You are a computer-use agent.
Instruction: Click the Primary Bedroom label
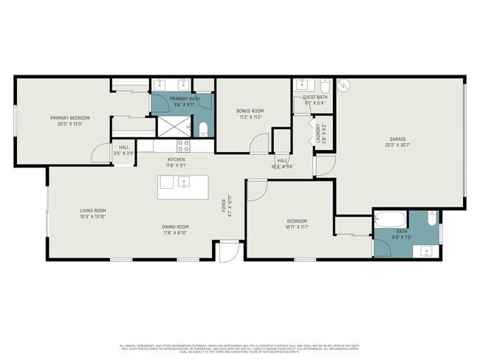[70, 117]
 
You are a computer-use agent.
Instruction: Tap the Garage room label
[398, 139]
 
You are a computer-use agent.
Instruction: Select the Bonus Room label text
[251, 111]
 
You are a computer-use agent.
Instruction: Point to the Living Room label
[93, 211]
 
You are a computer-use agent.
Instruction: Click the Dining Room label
[176, 226]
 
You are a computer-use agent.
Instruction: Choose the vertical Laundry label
[318, 134]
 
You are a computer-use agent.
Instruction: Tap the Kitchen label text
[176, 159]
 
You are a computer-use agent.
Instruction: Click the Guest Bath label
[315, 97]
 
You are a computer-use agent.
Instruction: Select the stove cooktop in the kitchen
[183, 146]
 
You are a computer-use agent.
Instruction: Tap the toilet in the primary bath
[204, 130]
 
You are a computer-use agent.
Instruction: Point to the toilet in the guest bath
[323, 86]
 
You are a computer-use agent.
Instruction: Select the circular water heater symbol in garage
[342, 86]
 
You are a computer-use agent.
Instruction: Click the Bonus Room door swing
[258, 143]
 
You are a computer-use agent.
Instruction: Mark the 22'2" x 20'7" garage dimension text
[398, 146]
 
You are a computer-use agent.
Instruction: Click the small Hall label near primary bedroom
[123, 147]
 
